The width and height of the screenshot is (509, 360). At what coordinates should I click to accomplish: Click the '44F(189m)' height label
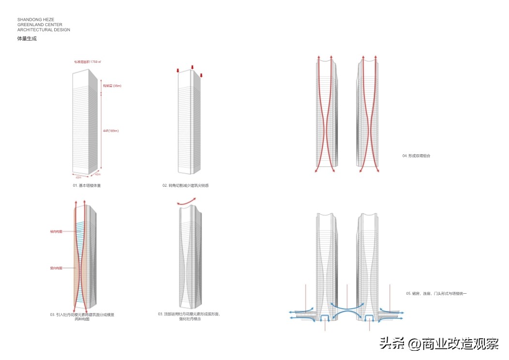coord(111,131)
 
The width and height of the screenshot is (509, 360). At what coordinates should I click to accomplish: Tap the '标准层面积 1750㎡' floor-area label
coord(88,62)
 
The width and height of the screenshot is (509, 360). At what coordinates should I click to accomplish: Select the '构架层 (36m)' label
coord(111,86)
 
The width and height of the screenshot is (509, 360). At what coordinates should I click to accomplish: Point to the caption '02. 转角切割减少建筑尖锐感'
coord(185,185)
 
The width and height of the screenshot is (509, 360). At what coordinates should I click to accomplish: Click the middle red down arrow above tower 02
coord(192,67)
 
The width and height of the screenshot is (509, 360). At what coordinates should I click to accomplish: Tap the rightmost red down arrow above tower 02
coord(201,75)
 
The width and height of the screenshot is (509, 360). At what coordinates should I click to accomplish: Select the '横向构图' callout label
coord(56,231)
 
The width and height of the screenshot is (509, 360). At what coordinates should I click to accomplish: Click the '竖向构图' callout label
coord(56,268)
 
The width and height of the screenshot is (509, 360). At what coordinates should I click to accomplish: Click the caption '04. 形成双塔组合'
coord(416,156)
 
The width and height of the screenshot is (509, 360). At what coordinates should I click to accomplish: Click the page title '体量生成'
coord(27,39)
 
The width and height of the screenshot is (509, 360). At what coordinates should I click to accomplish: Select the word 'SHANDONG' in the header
coord(28,20)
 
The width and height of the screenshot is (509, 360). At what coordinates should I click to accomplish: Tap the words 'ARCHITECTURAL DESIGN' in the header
coord(44,30)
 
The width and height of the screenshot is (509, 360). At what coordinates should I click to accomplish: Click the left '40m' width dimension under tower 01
coord(78,178)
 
